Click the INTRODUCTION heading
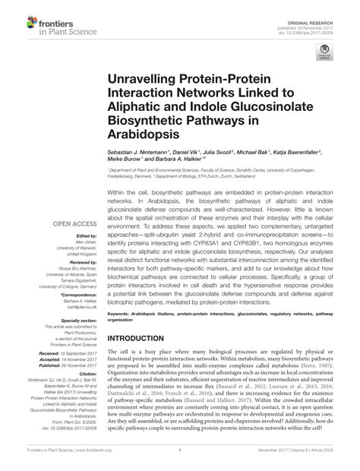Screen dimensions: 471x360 pos(144,340)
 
